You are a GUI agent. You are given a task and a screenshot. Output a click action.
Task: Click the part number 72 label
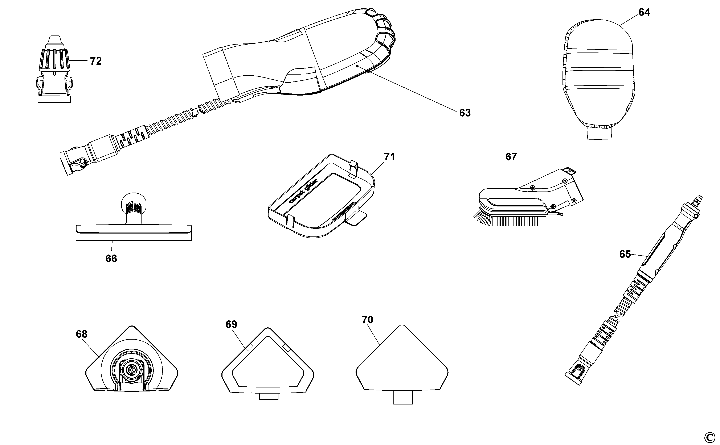96,61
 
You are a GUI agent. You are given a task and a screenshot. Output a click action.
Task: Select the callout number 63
465,113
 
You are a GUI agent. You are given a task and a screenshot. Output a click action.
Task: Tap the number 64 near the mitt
644,12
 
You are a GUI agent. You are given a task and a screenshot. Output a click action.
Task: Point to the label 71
389,157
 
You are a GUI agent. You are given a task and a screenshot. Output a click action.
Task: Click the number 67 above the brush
511,157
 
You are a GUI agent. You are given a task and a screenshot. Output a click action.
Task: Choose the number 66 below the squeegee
111,259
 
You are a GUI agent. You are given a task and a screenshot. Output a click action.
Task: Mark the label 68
82,334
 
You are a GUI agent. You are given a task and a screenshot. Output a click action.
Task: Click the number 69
231,324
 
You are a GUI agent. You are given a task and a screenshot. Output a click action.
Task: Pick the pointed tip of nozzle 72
54,40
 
